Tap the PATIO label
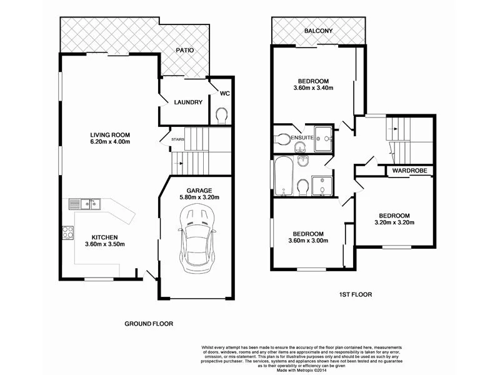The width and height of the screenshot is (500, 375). coord(184,50)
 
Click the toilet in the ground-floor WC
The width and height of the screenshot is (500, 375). coord(221,116)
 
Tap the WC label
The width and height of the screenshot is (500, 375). coord(224,93)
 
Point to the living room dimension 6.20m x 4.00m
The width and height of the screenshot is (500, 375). coord(110,142)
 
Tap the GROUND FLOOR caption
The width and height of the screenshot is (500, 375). coord(148,324)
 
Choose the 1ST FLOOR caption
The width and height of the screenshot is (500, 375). coord(356,294)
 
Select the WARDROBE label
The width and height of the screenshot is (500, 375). coord(409,170)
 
